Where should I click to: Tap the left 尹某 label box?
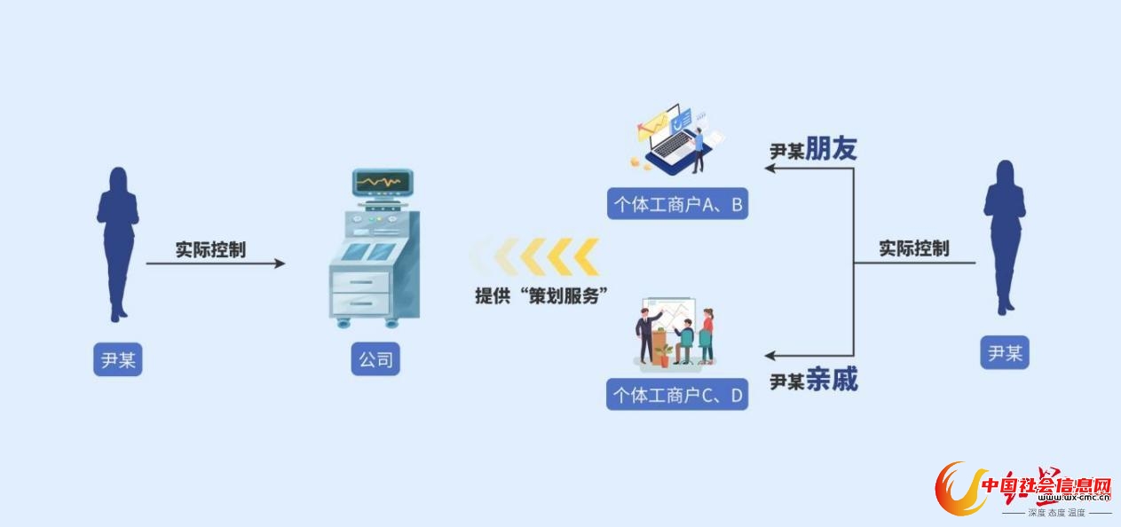coord(118,360)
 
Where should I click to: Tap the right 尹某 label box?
coord(1005,353)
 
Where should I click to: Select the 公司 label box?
coord(375,360)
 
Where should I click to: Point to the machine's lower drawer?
coord(359,303)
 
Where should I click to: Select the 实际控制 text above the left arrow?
coord(210,249)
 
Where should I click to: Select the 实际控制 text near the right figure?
coord(914,248)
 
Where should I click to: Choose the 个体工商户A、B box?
coord(677,205)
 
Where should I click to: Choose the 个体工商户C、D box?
coord(677,395)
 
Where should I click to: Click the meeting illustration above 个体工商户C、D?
coord(675,334)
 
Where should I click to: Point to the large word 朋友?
coord(831,149)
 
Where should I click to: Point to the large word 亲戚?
coord(831,381)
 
